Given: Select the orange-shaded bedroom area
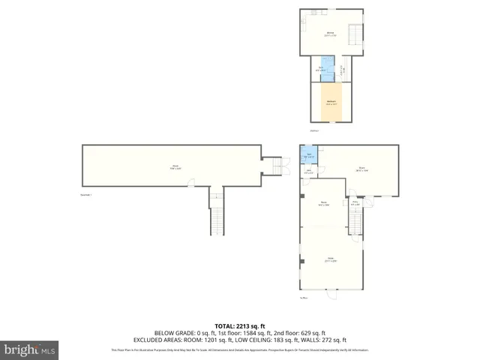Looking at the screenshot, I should pyautogui.click(x=330, y=102).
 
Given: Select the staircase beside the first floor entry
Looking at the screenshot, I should pyautogui.click(x=356, y=219).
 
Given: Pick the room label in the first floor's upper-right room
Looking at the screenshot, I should pyautogui.click(x=361, y=169).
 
